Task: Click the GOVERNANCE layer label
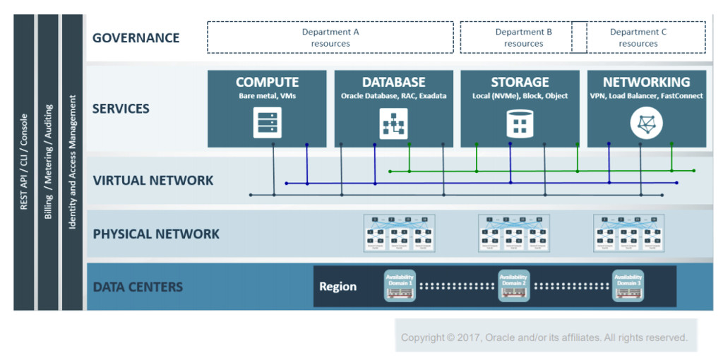[x=136, y=37]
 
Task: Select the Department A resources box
[x=330, y=37]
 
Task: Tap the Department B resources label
[x=523, y=37]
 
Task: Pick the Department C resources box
[x=638, y=37]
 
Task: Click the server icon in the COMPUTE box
[x=268, y=122]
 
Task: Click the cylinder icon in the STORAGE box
[x=520, y=123]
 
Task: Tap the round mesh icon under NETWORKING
[x=646, y=124]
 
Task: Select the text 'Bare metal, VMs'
[x=267, y=96]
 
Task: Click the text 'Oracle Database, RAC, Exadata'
[x=393, y=96]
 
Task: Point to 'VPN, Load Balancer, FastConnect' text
[x=646, y=96]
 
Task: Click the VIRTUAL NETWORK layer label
[x=153, y=180]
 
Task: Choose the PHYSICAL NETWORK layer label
[x=156, y=234]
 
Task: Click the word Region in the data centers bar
[x=337, y=287]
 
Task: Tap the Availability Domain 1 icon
[x=399, y=286]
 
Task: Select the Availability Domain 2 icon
[x=513, y=286]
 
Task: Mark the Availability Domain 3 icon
[x=628, y=286]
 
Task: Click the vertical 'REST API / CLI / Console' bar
[x=24, y=162]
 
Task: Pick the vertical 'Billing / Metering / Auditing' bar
[x=48, y=162]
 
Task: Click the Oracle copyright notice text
[x=544, y=337]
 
